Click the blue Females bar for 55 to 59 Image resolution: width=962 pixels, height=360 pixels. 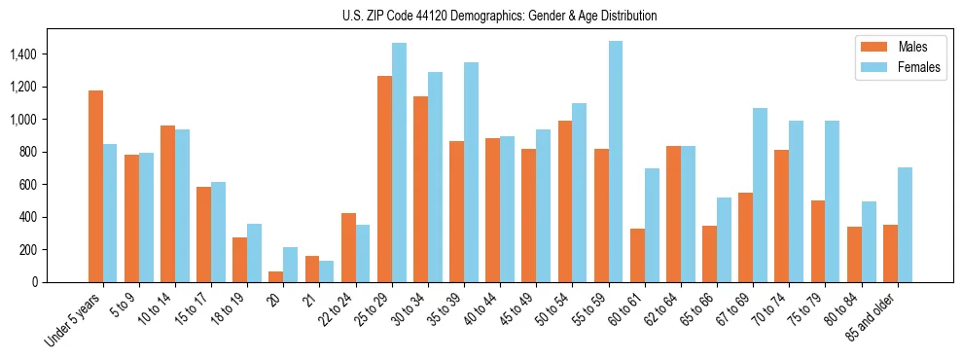(x=616, y=162)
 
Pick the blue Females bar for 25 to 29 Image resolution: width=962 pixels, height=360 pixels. (x=399, y=162)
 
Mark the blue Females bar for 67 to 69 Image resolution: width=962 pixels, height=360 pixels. (x=760, y=196)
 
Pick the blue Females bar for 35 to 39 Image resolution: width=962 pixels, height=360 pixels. (x=471, y=172)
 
